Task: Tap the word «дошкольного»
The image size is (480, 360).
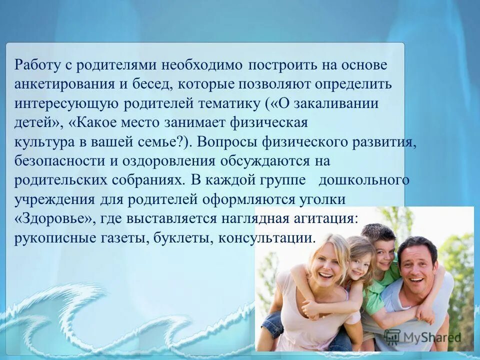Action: (x=364, y=180)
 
